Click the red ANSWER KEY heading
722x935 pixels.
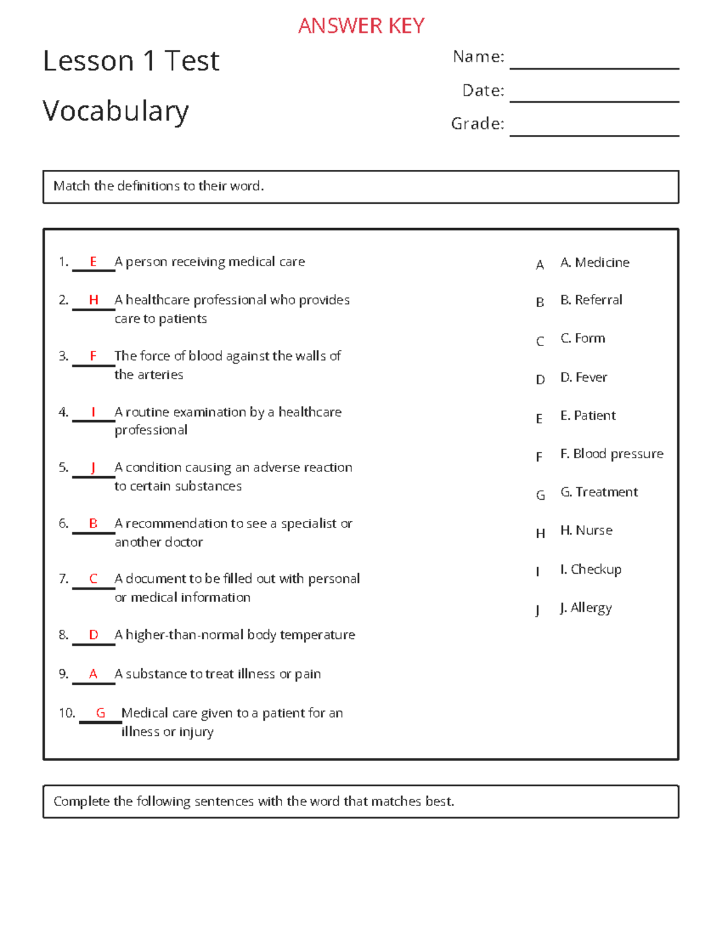[361, 26]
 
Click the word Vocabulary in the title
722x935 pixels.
[116, 111]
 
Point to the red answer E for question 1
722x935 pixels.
[93, 261]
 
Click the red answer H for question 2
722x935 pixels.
[93, 300]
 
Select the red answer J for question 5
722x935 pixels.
[93, 467]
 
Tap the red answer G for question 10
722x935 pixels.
[100, 713]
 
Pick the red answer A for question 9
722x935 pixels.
[93, 674]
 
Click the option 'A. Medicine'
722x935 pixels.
[594, 262]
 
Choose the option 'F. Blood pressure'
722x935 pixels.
[611, 454]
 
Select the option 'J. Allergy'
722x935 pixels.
[585, 608]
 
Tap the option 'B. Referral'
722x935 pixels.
[591, 300]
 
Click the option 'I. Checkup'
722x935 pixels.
[590, 570]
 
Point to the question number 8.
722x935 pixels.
[63, 635]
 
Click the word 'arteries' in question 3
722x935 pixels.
[160, 374]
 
